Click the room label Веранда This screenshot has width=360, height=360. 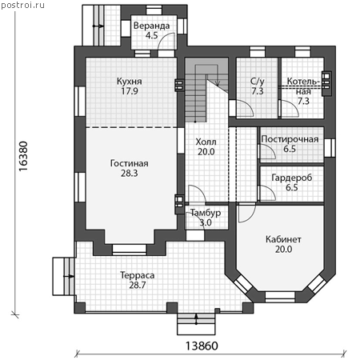tap(151, 26)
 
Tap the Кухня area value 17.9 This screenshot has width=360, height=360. tap(130, 91)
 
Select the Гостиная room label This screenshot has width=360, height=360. tap(130, 163)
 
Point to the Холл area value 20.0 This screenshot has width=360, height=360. tap(206, 152)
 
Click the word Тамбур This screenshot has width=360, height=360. tap(206, 213)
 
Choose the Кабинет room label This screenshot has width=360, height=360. tap(283, 239)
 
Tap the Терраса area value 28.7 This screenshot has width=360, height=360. tap(138, 285)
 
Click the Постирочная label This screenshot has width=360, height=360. tap(290, 139)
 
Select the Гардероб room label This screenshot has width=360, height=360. tap(292, 178)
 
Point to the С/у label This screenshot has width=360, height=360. tap(258, 82)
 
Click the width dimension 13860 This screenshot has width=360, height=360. tap(202, 346)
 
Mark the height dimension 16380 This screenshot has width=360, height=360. tap(23, 156)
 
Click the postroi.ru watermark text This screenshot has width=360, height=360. tap(22, 5)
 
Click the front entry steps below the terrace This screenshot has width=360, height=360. tap(196, 324)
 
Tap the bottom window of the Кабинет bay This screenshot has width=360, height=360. tap(280, 297)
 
